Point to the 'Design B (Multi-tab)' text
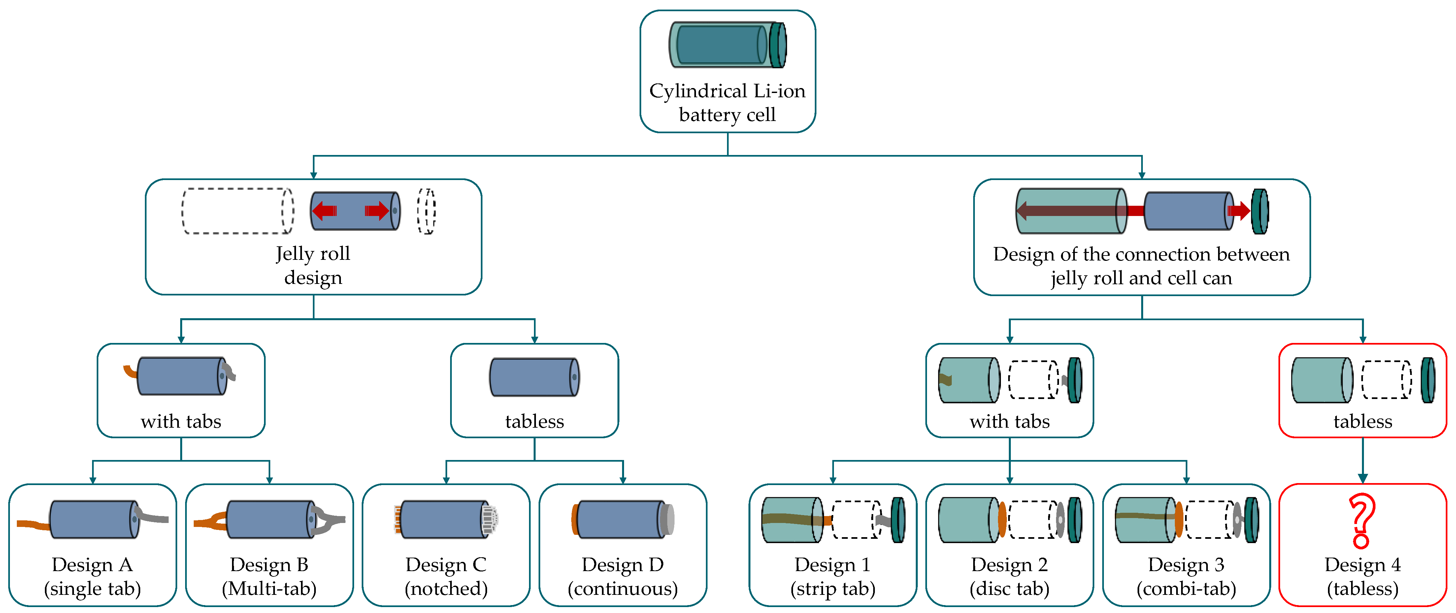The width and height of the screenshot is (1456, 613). point(269,576)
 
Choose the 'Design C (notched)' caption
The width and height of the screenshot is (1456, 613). point(446,576)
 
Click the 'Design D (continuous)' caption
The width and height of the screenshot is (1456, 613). point(622,576)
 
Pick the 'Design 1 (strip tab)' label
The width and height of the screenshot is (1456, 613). point(833,576)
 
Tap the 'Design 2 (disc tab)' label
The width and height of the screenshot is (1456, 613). point(1009,576)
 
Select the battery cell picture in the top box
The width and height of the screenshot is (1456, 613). point(727,45)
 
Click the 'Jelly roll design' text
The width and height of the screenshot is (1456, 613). point(313,265)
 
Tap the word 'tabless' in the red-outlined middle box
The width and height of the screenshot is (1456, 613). point(1363,421)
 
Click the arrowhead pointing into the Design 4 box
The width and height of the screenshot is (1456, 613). point(1363,478)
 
